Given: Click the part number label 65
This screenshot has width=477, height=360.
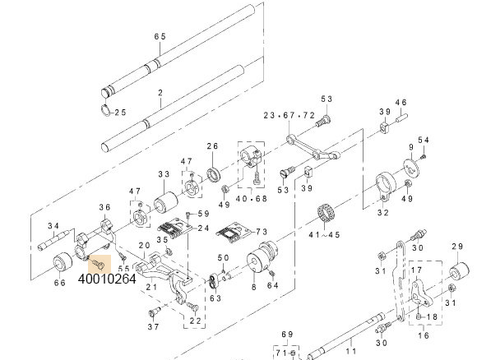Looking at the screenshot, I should [160, 36].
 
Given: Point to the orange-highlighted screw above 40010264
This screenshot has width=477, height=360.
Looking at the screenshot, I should [99, 263].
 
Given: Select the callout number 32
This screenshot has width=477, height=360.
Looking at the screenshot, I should [383, 213].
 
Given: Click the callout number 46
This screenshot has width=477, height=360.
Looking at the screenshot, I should [401, 103].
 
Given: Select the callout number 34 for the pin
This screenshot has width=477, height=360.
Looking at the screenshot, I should [53, 226].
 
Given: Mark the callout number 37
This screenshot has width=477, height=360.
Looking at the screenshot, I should [152, 326].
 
